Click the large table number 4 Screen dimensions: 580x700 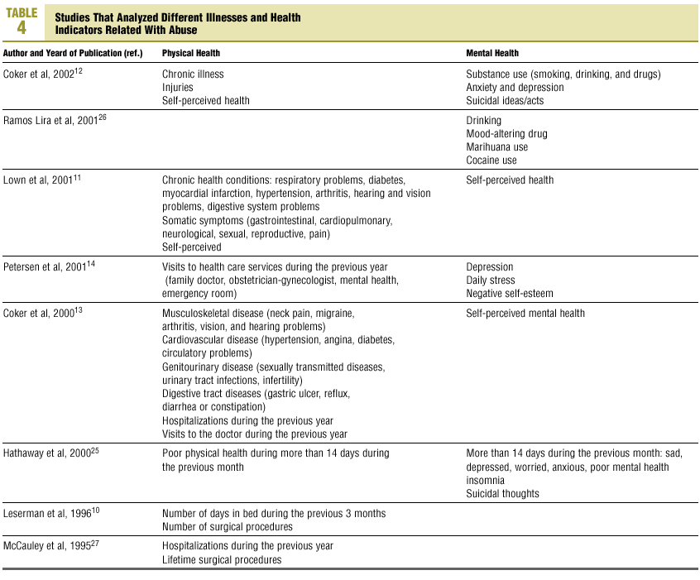22,27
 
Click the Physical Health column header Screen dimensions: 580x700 191,53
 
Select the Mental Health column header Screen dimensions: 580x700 492,53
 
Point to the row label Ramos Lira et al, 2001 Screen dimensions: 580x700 55,120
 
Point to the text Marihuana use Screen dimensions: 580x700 498,146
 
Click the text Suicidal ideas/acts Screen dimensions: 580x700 505,100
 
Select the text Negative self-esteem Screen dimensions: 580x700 510,293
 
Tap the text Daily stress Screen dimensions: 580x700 491,280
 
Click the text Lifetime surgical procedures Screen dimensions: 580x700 222,559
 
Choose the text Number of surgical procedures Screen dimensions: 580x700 228,526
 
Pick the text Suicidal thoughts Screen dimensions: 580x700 502,493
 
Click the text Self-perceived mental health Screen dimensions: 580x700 525,313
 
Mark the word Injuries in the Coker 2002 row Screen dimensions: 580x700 178,87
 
